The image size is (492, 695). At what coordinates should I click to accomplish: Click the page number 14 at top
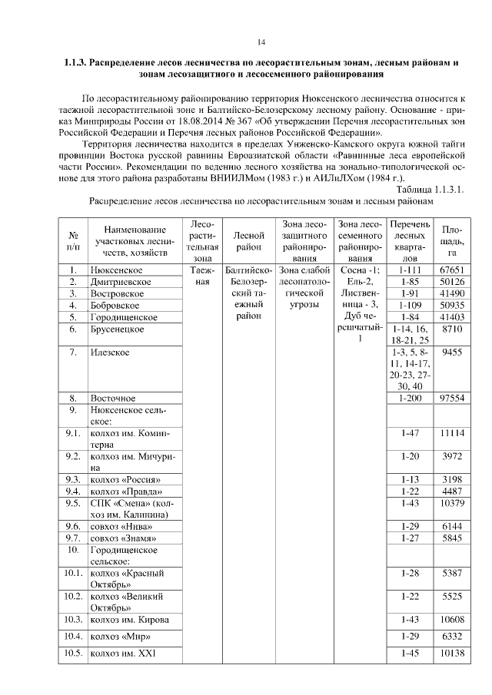(x=261, y=41)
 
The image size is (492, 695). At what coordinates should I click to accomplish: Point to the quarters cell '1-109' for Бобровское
(x=407, y=306)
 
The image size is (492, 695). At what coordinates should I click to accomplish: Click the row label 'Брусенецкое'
(x=118, y=329)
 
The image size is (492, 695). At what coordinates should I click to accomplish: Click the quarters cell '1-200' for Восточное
(x=407, y=399)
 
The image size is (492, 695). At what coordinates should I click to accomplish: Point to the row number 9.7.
(x=74, y=538)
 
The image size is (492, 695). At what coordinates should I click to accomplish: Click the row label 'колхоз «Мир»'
(x=119, y=636)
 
